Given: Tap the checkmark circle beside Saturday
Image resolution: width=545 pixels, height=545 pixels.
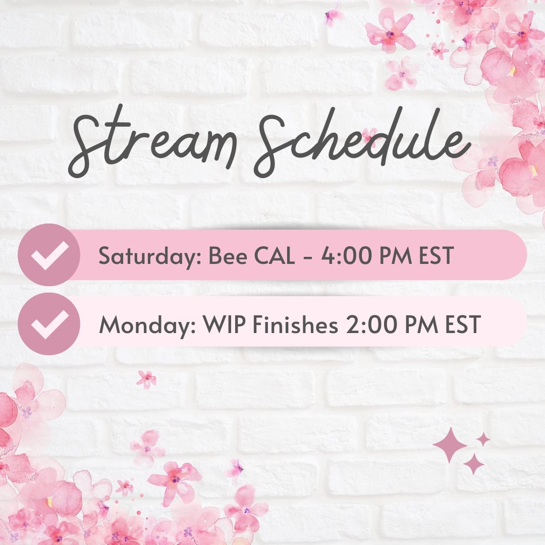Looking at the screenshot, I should [49, 255].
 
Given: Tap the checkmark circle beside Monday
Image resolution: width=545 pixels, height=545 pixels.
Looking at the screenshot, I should [49, 324].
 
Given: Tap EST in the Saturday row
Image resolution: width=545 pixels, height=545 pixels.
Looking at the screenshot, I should [435, 256].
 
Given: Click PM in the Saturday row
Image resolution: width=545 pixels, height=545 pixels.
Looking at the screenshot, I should [396, 256].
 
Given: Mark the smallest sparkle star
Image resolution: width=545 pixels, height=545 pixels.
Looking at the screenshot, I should [483, 439].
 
